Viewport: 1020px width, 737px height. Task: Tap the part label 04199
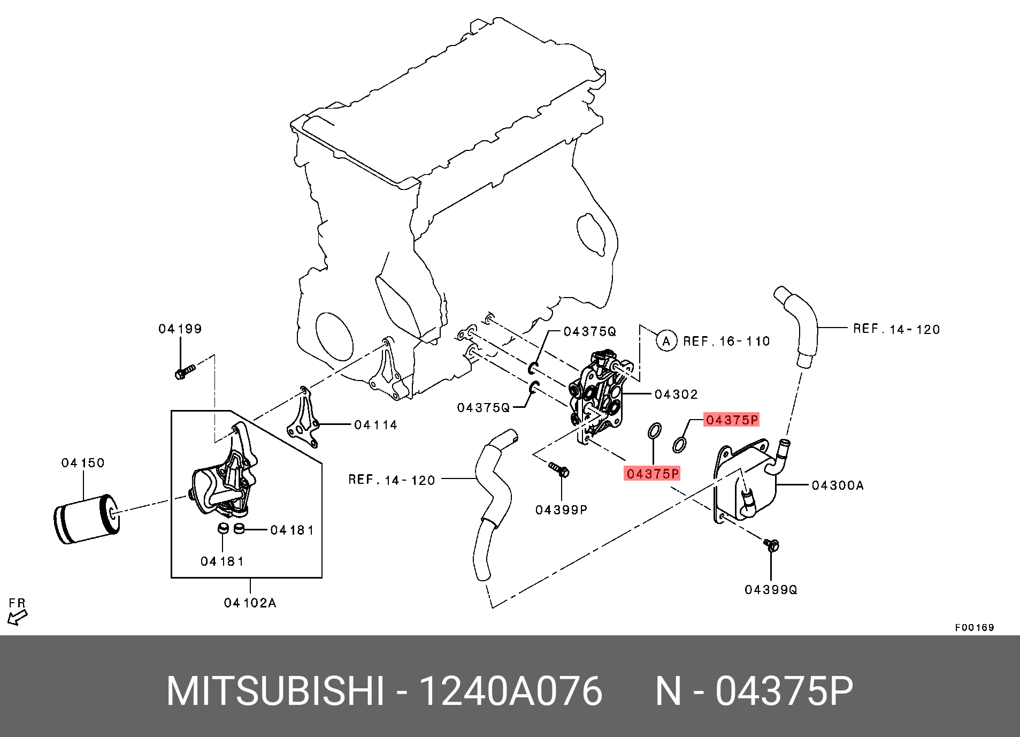point(180,329)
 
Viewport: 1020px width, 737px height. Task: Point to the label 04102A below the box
point(250,603)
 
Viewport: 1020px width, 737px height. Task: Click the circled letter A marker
point(666,341)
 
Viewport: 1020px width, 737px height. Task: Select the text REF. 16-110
point(727,341)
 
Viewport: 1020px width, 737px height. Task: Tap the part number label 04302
point(676,394)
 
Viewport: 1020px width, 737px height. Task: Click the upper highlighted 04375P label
point(732,420)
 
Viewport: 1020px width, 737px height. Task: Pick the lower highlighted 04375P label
point(653,474)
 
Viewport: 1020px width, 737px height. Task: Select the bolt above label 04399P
point(559,470)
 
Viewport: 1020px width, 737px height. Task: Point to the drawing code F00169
point(975,627)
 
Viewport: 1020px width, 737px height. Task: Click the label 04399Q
point(771,589)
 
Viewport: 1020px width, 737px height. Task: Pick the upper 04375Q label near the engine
point(590,332)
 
